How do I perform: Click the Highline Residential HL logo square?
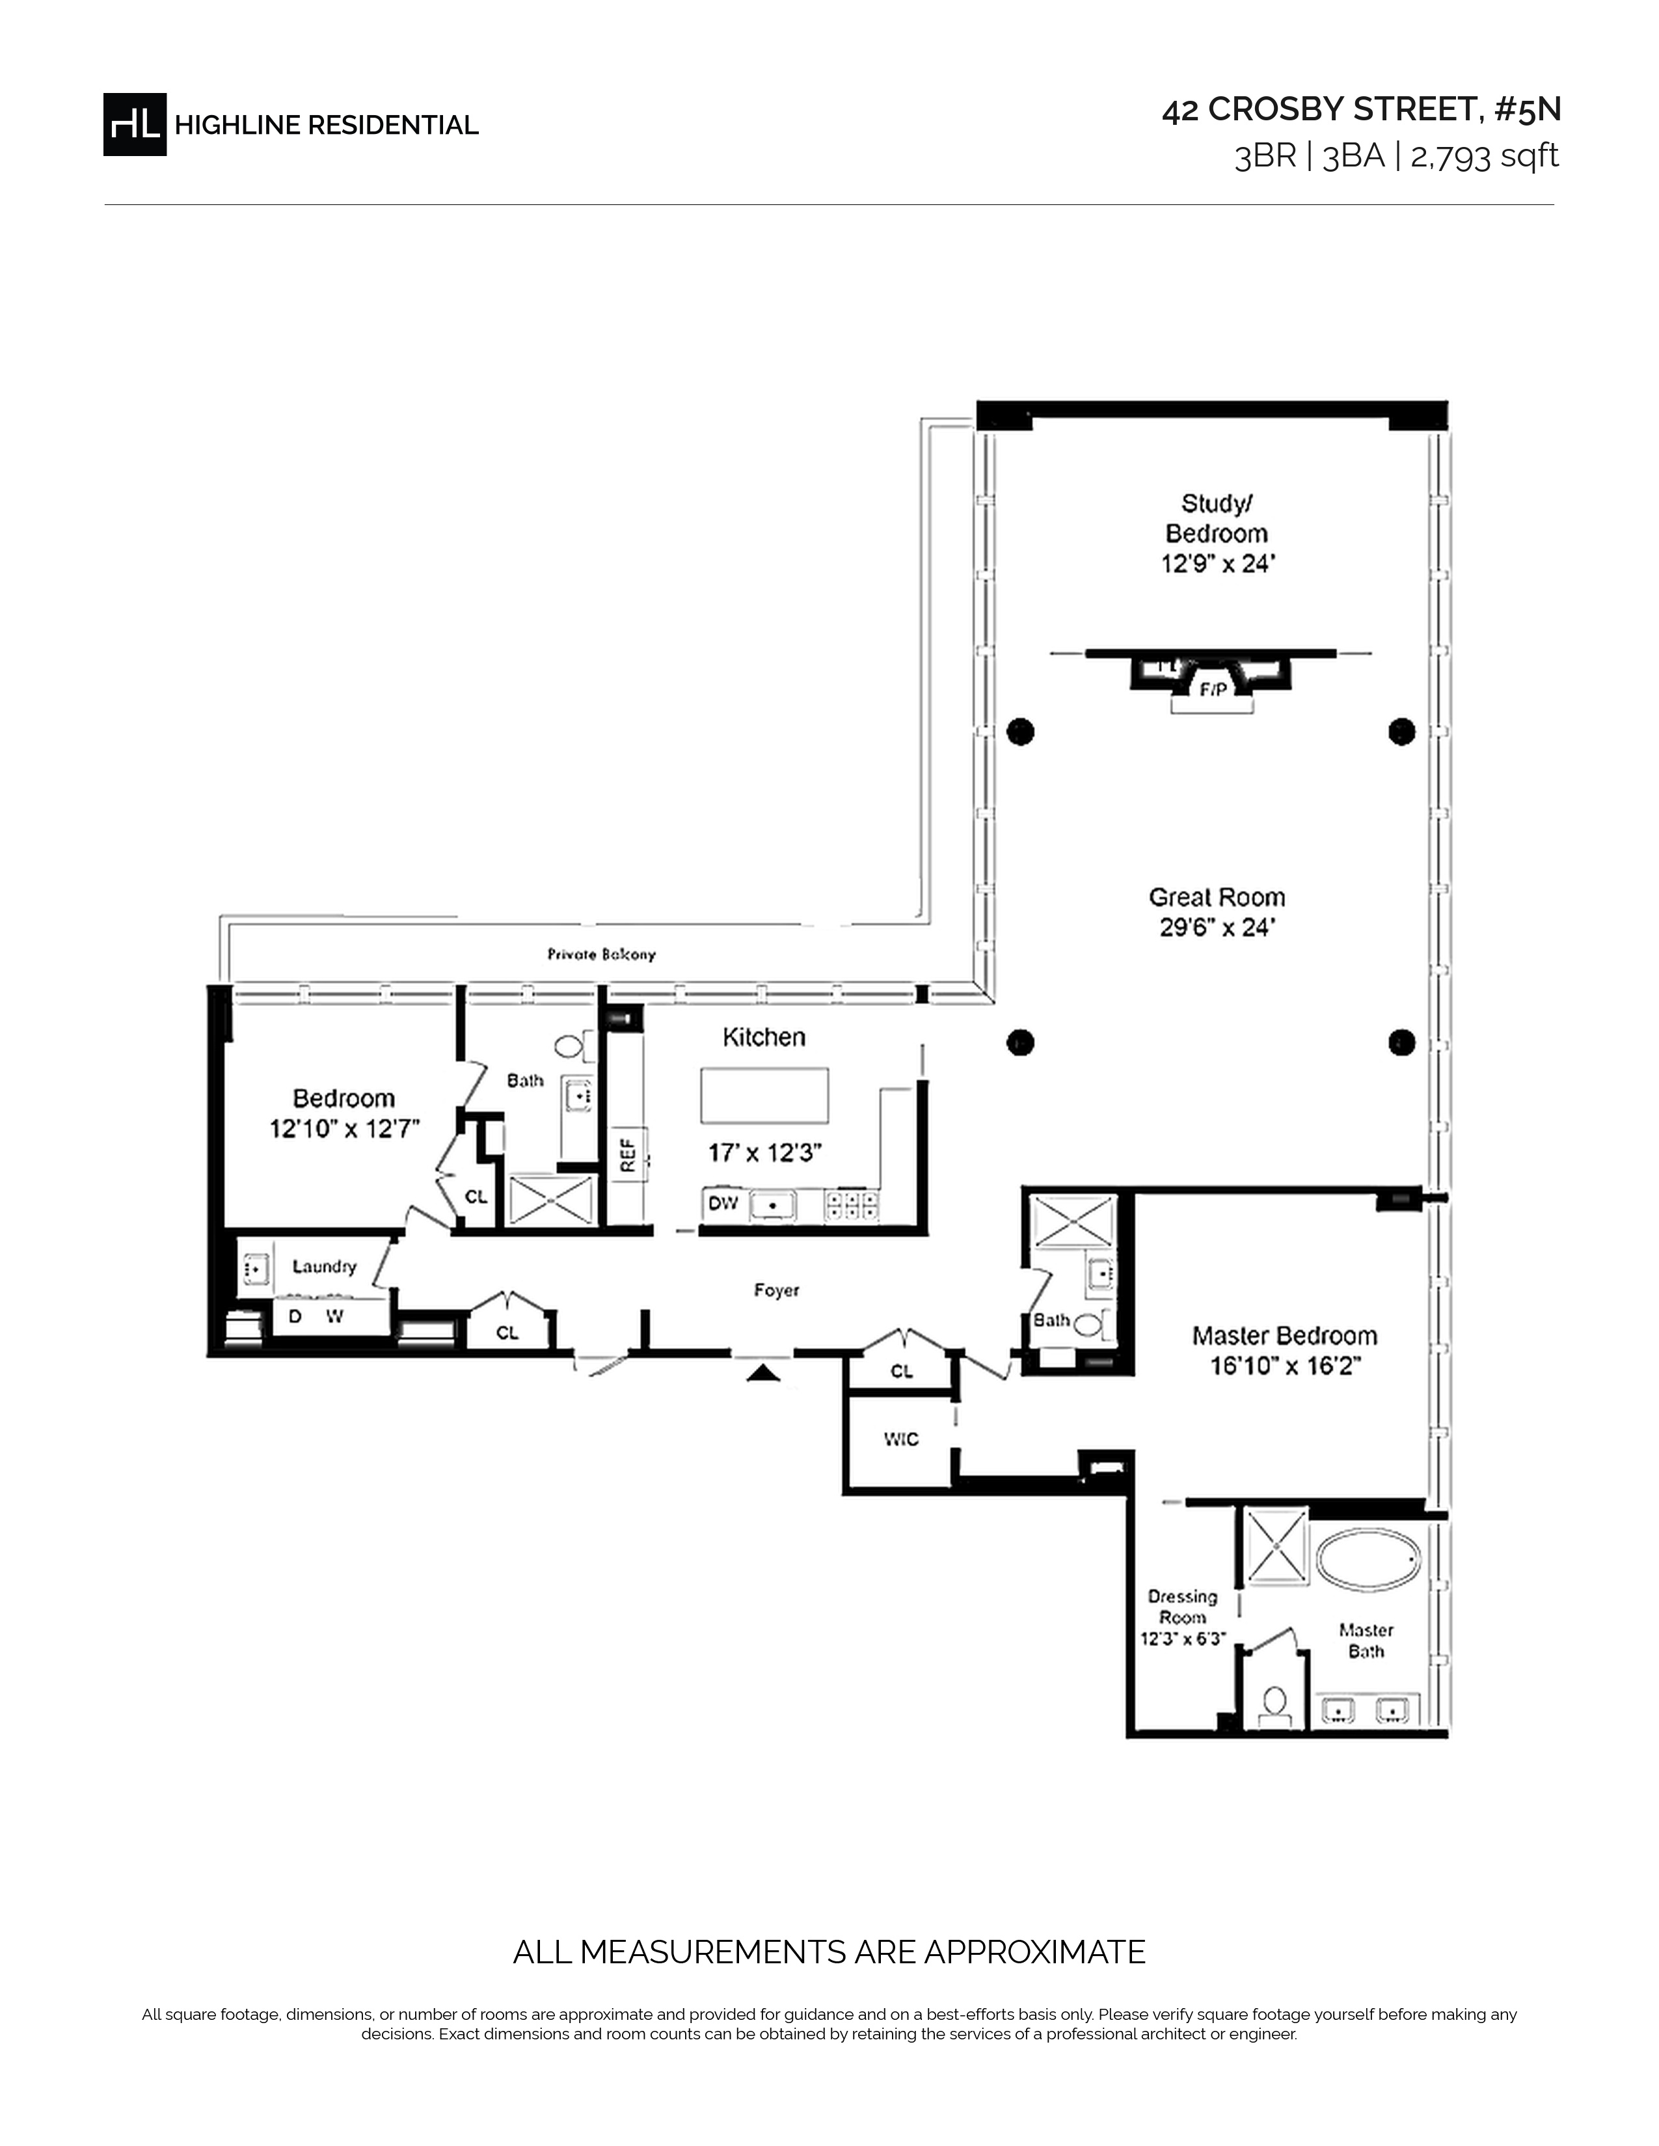pyautogui.click(x=135, y=124)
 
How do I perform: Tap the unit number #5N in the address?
pyautogui.click(x=1528, y=109)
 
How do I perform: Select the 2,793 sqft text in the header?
pyautogui.click(x=1484, y=156)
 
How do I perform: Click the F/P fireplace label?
pyautogui.click(x=1213, y=690)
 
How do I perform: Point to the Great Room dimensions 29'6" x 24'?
pyautogui.click(x=1217, y=927)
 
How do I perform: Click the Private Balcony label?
pyautogui.click(x=602, y=954)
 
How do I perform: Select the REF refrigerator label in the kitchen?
pyautogui.click(x=628, y=1152)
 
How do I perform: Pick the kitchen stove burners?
pyautogui.click(x=851, y=1204)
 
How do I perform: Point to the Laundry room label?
pyautogui.click(x=325, y=1267)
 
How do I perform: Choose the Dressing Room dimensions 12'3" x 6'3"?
pyautogui.click(x=1182, y=1639)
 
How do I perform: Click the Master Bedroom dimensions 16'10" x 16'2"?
pyautogui.click(x=1284, y=1366)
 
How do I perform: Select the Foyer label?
pyautogui.click(x=776, y=1291)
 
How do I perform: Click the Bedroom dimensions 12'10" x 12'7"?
pyautogui.click(x=344, y=1129)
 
